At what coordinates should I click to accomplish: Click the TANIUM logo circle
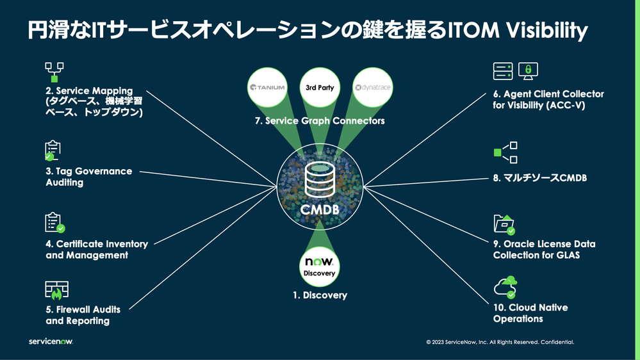267,87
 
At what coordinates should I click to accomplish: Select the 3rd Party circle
320,87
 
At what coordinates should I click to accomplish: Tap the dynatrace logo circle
372,87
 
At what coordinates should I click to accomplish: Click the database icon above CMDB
320,180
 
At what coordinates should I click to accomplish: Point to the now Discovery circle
320,266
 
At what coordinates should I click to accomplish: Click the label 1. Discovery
320,295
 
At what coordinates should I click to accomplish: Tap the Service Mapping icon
55,72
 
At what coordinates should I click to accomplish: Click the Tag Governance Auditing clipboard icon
53,151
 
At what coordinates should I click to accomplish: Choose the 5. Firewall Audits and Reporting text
83,315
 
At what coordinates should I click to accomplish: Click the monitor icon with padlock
529,71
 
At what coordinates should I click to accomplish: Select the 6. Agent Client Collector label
548,99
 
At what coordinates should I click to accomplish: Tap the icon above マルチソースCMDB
505,152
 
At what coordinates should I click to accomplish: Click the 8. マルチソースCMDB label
539,179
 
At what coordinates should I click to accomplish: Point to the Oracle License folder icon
504,224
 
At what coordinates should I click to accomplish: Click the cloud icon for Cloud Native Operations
505,287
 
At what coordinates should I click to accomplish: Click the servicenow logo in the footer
51,341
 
